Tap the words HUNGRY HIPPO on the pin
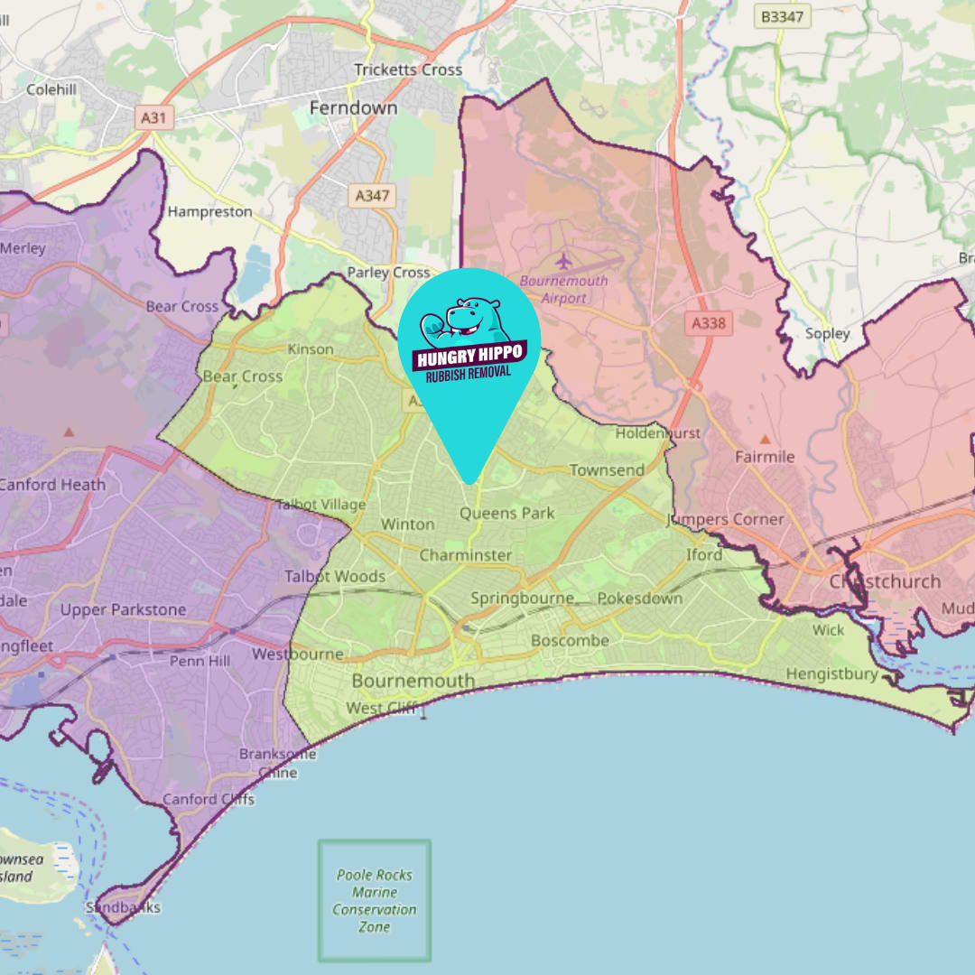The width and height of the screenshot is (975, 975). click(x=469, y=355)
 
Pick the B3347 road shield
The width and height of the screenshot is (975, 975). click(x=782, y=16)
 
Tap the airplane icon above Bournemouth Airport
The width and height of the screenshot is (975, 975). click(x=564, y=262)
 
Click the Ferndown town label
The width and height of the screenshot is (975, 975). click(x=353, y=107)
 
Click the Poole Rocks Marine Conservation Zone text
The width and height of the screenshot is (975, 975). click(x=375, y=900)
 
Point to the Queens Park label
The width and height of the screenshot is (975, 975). click(x=507, y=513)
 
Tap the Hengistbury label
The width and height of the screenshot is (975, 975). click(x=831, y=674)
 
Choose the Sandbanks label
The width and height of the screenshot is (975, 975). click(x=123, y=907)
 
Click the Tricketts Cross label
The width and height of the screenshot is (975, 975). click(x=408, y=70)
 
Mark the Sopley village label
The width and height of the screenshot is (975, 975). click(x=828, y=333)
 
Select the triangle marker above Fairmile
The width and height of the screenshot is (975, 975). click(x=766, y=440)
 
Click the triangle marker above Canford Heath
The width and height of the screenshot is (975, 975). click(x=69, y=432)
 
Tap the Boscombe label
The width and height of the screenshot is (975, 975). click(x=570, y=640)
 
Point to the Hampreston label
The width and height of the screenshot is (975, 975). click(x=210, y=212)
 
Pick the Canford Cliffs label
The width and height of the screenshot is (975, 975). click(x=209, y=799)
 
